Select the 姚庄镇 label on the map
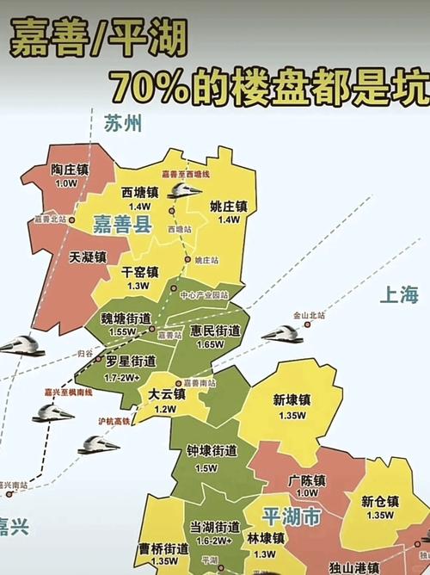pos(229,207)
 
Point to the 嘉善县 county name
pos(121,226)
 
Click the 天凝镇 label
pos(88,257)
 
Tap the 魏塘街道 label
pos(123,319)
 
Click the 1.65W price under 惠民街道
pos(211,345)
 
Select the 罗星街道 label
pos(131,362)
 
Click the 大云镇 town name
pos(166,394)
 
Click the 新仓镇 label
pos(379,501)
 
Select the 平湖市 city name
pos(291,517)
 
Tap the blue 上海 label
pos(400,295)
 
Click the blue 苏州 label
pos(121,123)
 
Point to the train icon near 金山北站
pos(281,334)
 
